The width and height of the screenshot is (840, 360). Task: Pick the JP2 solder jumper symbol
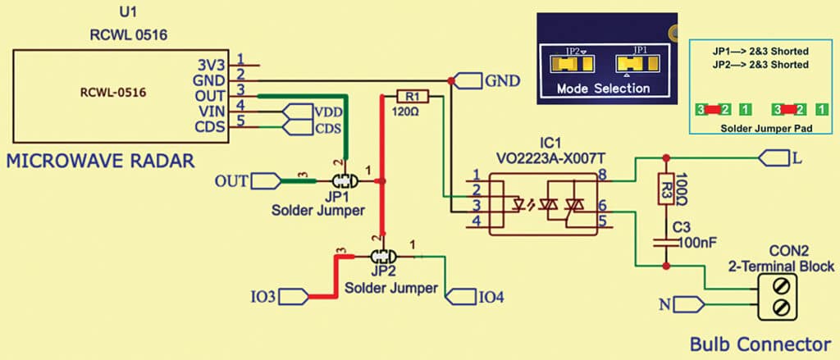379,257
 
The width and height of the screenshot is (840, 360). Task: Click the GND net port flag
467,81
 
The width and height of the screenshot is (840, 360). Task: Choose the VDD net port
293,112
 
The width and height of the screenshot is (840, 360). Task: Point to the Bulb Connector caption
760,343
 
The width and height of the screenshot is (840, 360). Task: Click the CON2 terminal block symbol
776,297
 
